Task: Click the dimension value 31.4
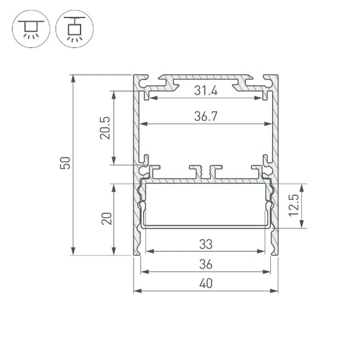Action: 205,91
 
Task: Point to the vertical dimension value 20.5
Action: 105,128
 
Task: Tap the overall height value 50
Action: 66,164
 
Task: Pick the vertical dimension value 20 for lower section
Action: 106,219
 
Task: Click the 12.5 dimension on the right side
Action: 294,206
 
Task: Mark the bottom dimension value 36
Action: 205,265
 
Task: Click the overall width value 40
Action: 205,284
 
